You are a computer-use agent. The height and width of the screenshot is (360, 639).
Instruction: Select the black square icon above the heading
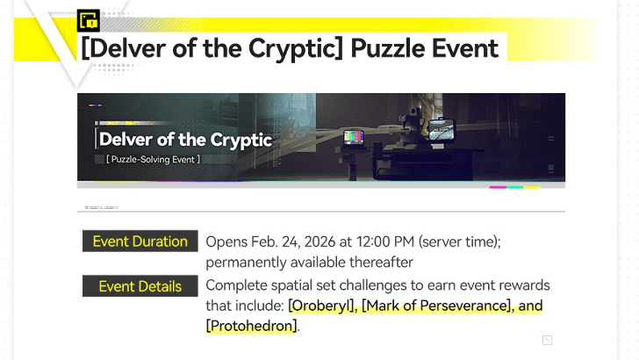89,20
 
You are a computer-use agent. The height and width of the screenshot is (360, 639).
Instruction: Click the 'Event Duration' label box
140,241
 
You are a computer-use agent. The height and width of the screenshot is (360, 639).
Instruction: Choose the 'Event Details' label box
140,286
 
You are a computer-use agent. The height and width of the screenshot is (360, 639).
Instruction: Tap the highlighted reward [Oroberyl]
321,306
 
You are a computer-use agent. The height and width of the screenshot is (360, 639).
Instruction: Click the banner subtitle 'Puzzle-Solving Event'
154,160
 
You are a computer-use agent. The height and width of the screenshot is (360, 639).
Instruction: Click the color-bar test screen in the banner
355,137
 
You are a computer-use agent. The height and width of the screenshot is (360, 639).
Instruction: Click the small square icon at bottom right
547,340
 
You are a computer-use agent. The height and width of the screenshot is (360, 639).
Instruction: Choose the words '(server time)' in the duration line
458,241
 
